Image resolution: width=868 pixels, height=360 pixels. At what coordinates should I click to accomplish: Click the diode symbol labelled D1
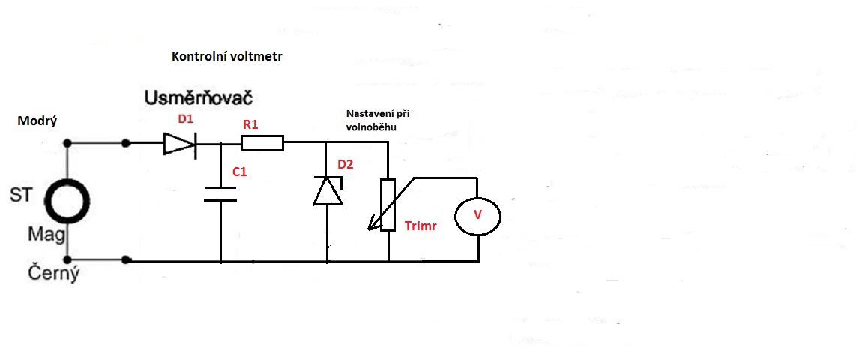pyautogui.click(x=178, y=142)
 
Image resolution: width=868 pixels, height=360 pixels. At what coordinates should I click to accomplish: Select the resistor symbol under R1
pyautogui.click(x=262, y=142)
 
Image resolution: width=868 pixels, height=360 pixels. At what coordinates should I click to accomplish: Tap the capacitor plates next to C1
pyautogui.click(x=221, y=195)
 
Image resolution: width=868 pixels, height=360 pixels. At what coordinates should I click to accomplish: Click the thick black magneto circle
pyautogui.click(x=67, y=201)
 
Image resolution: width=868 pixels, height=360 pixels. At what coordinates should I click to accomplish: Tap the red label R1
pyautogui.click(x=250, y=124)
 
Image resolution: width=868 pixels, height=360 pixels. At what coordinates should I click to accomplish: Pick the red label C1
pyautogui.click(x=240, y=172)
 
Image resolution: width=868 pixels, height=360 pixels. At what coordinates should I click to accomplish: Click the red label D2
pyautogui.click(x=346, y=164)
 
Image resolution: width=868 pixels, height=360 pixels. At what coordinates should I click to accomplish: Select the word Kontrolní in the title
pyautogui.click(x=197, y=57)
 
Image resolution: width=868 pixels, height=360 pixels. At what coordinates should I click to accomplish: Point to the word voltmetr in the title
pyautogui.click(x=256, y=57)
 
